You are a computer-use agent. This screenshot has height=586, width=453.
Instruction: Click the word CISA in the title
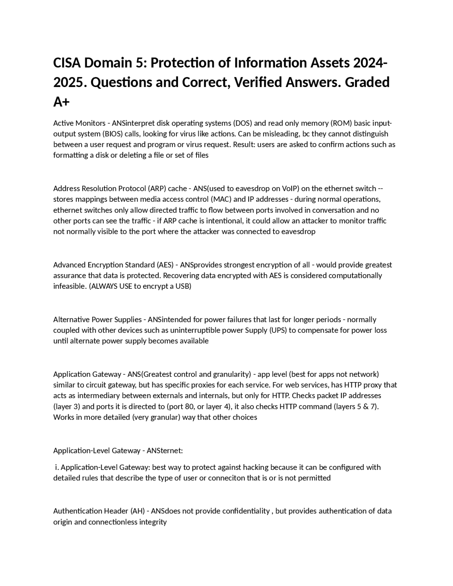(67, 63)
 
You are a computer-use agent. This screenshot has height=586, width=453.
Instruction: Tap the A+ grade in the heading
(62, 102)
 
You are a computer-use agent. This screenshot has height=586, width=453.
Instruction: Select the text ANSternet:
(165, 450)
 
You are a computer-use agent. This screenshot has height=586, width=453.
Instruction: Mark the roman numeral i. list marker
(57, 467)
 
